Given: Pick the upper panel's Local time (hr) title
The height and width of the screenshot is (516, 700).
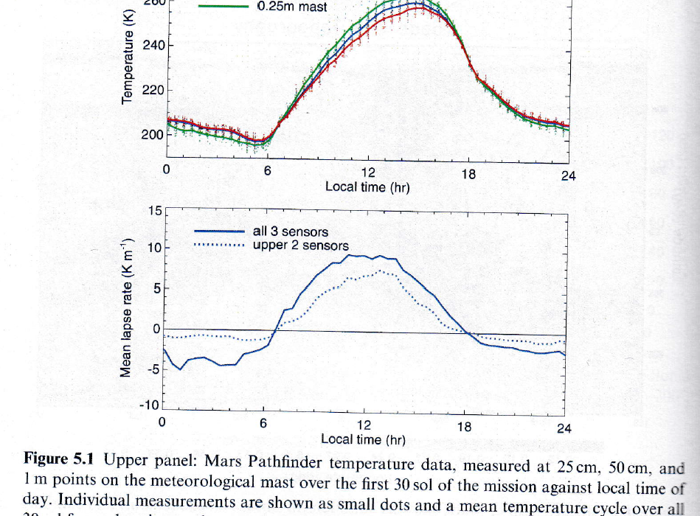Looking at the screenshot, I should point(367,187).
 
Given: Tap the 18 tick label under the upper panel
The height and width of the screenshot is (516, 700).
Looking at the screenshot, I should point(468,174).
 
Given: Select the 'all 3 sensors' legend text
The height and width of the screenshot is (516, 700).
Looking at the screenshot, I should point(291,231).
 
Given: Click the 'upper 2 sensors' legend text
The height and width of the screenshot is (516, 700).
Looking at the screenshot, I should point(301,245).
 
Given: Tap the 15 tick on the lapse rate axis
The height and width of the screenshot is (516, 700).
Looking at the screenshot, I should point(154,211).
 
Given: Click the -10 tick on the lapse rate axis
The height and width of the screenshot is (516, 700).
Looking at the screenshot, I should point(150,405).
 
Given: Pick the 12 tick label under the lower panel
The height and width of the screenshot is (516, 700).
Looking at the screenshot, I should point(364,425).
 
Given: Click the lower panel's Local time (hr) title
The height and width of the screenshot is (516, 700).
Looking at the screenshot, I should point(363,440).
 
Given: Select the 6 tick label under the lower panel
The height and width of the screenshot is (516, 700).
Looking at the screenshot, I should point(263,425).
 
